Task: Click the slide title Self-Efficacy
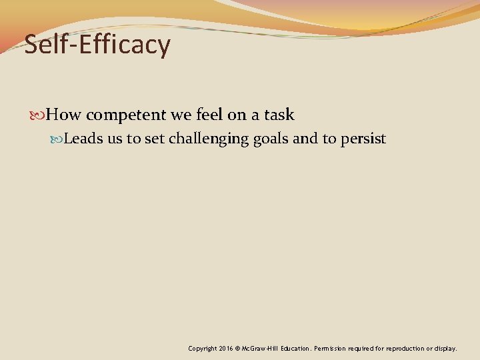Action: point(97,45)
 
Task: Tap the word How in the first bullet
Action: point(64,115)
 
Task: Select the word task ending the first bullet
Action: point(279,115)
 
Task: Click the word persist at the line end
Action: point(364,139)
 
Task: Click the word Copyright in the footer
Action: point(202,349)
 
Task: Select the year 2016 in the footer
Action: point(226,349)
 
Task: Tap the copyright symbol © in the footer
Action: point(238,349)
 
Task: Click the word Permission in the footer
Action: point(331,349)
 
